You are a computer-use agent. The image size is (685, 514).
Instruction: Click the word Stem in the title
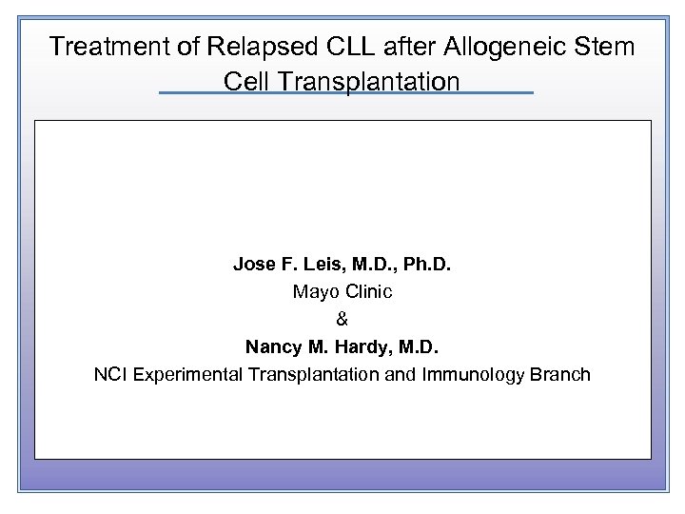pos(603,47)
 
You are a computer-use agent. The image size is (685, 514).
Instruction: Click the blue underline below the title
pos(345,93)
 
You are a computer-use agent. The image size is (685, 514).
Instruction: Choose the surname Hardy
pos(365,347)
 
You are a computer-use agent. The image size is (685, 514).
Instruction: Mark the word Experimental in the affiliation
pos(189,375)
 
